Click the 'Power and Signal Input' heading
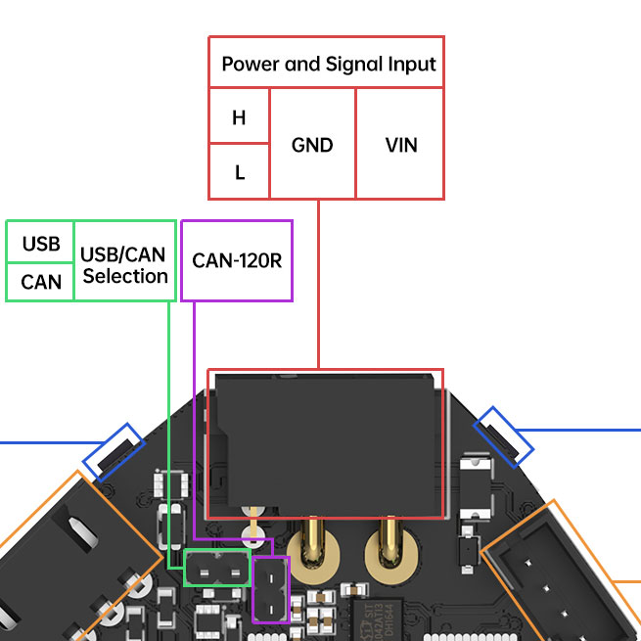point(328,65)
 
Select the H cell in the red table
point(239,117)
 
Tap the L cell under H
point(239,172)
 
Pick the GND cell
point(312,145)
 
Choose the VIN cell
point(401,145)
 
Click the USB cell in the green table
point(40,244)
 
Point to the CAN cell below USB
point(40,283)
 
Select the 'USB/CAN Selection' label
point(125,265)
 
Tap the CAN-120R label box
point(237,261)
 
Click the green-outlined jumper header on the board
point(216,568)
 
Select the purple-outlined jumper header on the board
point(271,590)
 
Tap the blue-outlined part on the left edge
point(114,449)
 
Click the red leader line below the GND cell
point(320,284)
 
